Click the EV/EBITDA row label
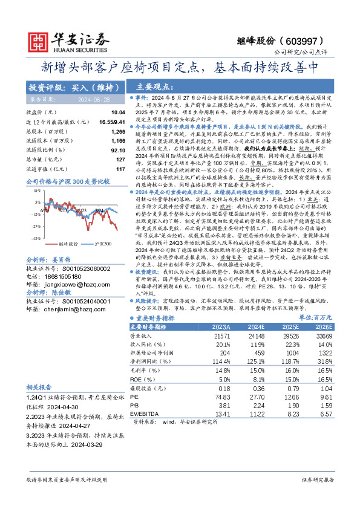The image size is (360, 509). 147,413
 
